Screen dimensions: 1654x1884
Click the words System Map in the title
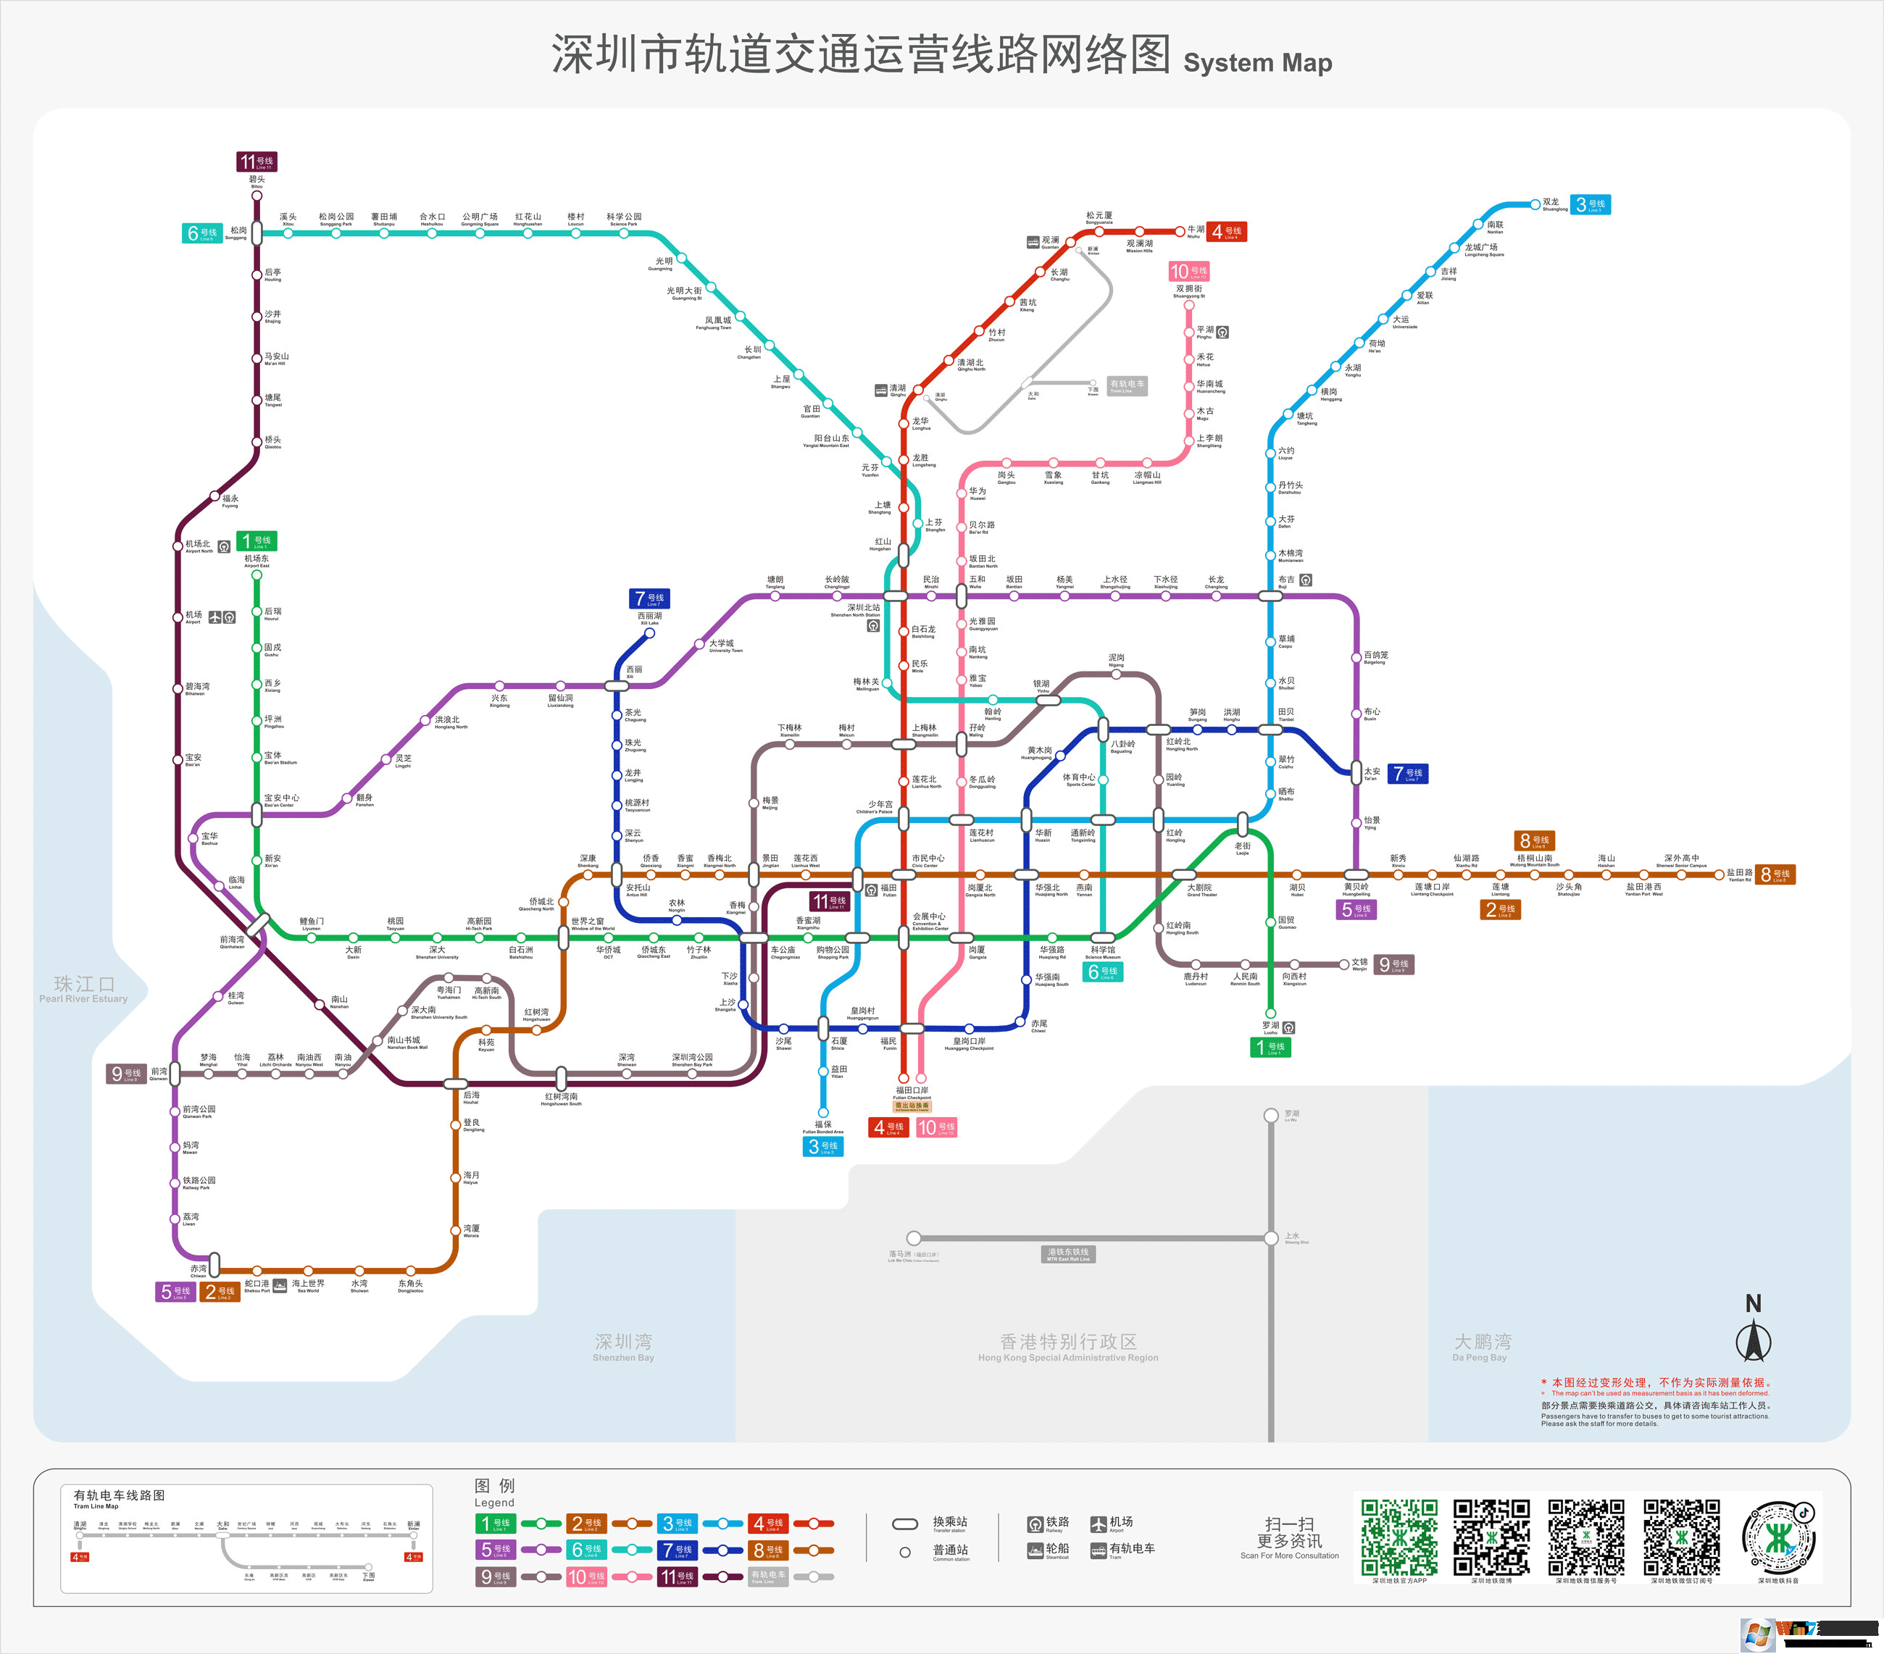coord(1257,62)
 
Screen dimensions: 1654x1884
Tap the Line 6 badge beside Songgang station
coord(202,233)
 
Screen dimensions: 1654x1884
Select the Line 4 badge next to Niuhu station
coord(1227,231)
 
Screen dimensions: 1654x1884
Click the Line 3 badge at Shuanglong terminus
coord(1591,204)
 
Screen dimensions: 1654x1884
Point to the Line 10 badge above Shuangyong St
coord(1188,271)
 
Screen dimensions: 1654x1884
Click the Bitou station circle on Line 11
coord(257,196)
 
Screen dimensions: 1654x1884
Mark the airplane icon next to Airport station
coord(214,617)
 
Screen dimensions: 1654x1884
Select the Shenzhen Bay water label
coord(623,1346)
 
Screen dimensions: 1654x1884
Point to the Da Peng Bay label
coord(1481,1346)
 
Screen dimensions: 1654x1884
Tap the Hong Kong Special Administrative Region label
coord(1068,1346)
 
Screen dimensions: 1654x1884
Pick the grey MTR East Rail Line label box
coord(1068,1254)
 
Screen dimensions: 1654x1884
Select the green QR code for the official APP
coord(1399,1537)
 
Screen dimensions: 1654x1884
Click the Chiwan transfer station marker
coord(214,1264)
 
